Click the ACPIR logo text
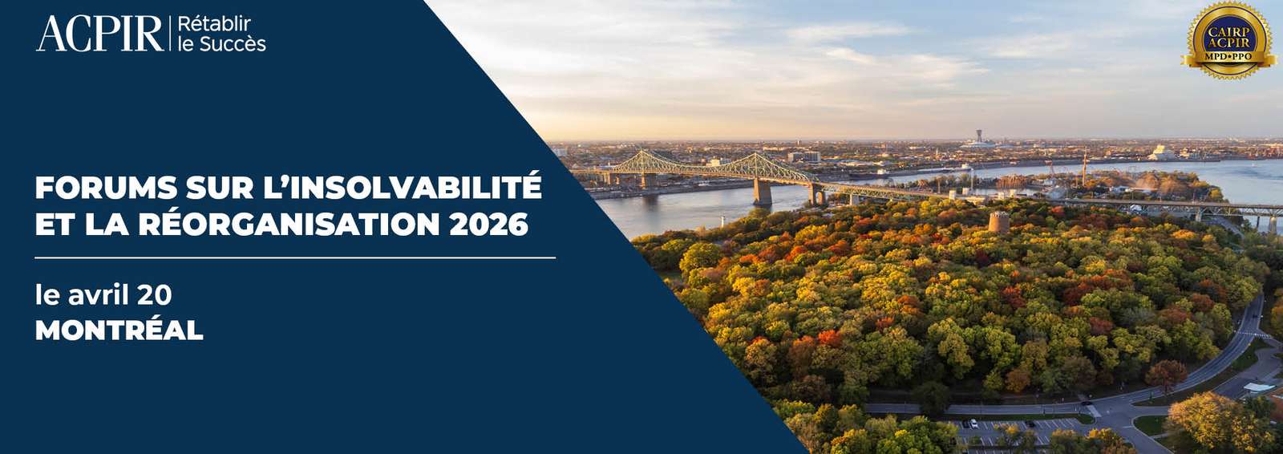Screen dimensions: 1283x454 point(99,34)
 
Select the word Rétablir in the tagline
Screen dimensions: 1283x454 point(214,24)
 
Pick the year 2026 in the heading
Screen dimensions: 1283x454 point(488,225)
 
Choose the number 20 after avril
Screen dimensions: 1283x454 point(154,296)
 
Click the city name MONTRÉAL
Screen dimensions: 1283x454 point(119,330)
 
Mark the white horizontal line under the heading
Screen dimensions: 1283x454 point(295,258)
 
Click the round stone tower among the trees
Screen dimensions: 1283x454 point(998,222)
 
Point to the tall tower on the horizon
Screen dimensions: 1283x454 point(978,136)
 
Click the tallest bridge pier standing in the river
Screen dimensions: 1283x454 point(763,192)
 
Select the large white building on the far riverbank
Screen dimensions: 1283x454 point(1161,153)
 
